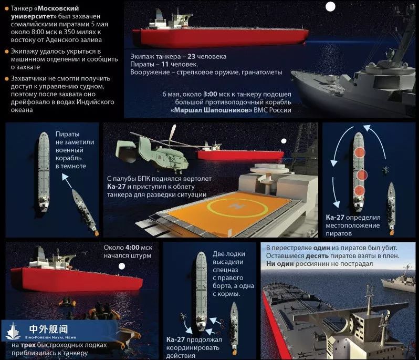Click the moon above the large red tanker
pos(330,7)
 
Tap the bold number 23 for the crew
pos(191,56)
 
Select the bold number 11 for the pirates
pos(165,64)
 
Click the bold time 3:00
pos(210,94)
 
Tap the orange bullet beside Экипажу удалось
pos(7,52)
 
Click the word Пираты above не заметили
pos(67,134)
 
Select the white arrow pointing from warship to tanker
pos(67,181)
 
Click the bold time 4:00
pos(132,248)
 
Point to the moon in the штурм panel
pos(122,266)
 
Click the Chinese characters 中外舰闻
pos(49,328)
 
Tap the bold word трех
pos(28,345)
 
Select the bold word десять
pos(317,256)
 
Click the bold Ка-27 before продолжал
pos(175,340)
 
